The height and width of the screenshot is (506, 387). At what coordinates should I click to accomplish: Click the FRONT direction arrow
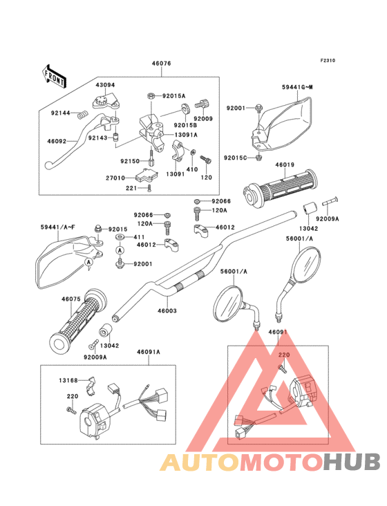pos(54,76)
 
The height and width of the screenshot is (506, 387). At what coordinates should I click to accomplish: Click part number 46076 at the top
pos(161,64)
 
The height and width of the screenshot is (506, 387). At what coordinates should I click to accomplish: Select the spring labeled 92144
pos(84,114)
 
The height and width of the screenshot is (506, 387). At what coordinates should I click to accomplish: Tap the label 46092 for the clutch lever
pos(57,141)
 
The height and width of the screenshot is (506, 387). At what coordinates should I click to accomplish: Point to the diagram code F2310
pos(328,60)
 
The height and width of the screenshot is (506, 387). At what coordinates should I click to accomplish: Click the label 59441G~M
pos(297,87)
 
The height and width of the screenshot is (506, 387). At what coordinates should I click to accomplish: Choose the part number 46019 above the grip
pos(285,165)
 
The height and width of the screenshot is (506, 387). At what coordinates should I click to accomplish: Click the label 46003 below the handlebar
pos(167,311)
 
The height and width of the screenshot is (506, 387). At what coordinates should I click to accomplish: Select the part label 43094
pos(105,85)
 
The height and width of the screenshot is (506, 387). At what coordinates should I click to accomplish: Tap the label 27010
pos(115,178)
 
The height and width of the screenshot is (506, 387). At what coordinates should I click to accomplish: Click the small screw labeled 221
pos(149,188)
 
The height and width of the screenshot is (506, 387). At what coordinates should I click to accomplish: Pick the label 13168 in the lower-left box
pos(68,380)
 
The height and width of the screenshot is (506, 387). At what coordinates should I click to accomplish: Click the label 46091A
pos(149,352)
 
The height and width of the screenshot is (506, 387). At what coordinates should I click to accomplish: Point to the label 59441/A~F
pos(58,227)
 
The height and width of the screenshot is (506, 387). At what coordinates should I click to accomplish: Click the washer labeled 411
pos(120,238)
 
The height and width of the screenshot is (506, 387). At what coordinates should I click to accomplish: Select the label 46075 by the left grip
pos(71,299)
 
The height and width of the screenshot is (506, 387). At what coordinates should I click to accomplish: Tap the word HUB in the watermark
pos(352,462)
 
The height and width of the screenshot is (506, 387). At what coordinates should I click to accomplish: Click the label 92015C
pos(236,158)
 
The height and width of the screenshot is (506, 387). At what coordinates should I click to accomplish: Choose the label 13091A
pos(186,135)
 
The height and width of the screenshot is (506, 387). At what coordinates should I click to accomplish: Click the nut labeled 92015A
pos(151,95)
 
